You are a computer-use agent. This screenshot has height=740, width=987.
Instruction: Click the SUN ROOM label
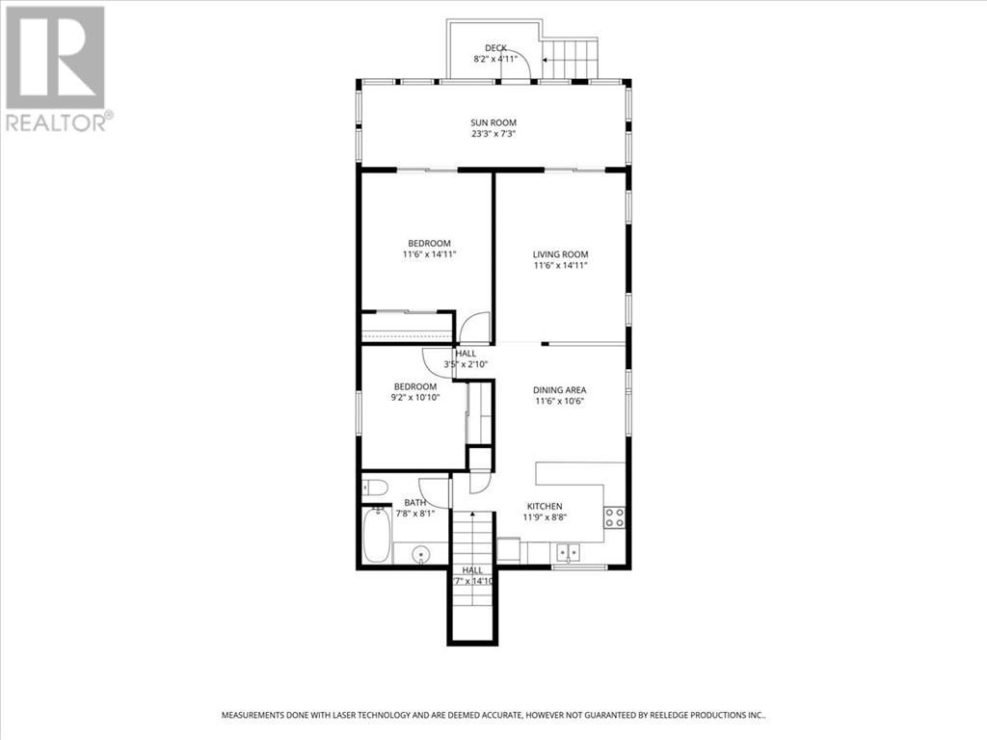pos(493,122)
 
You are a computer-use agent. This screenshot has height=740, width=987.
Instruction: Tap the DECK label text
pos(495,47)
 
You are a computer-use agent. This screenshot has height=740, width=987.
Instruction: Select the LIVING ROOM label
pos(560,254)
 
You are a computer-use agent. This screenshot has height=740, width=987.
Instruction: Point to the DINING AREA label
pos(560,390)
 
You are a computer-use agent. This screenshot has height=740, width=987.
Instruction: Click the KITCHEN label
pos(544,506)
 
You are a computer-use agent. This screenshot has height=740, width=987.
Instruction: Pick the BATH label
pos(414,502)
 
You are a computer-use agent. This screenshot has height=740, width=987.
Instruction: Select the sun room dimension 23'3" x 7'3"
pos(493,133)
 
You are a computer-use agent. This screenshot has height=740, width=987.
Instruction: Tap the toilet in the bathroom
pos(375,488)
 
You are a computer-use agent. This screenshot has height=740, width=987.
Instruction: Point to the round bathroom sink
pos(421,555)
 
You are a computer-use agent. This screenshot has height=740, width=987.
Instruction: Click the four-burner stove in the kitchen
pos(614,516)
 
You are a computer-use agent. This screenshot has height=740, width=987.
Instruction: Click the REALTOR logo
pos(58,67)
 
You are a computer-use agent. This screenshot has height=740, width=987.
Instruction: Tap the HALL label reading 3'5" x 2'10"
pos(466,359)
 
